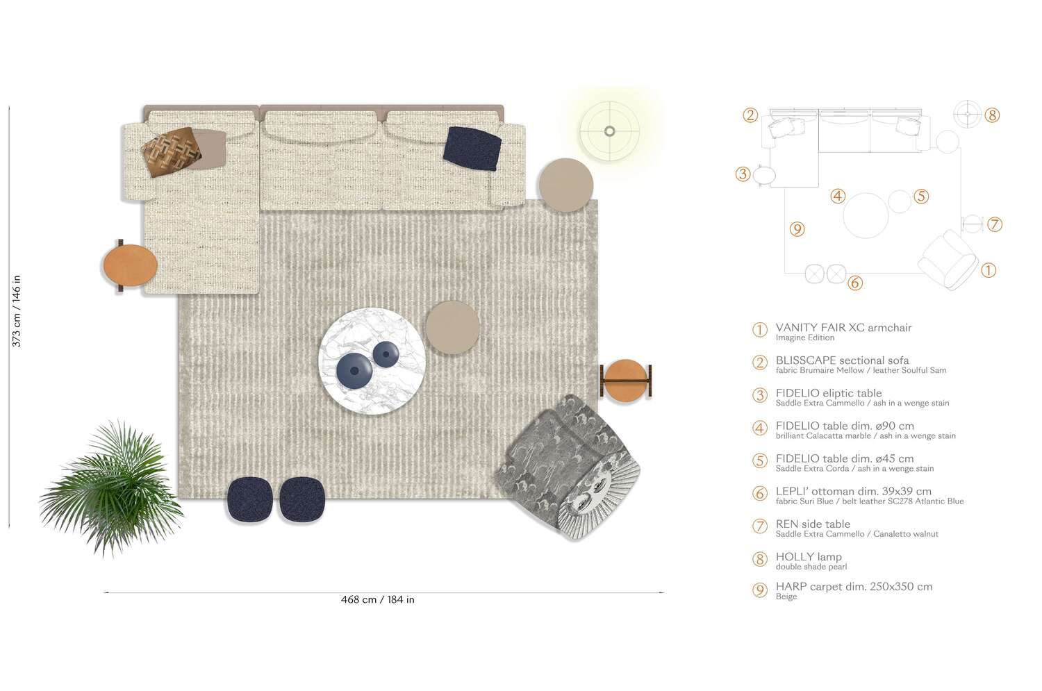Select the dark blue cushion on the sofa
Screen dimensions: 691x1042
pyautogui.click(x=472, y=148)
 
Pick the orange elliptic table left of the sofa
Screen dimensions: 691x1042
pyautogui.click(x=130, y=265)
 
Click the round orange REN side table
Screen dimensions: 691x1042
pyautogui.click(x=625, y=380)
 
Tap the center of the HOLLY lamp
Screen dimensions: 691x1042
pyautogui.click(x=609, y=131)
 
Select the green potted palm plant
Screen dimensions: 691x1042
pyautogui.click(x=111, y=485)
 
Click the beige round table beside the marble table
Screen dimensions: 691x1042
pyautogui.click(x=452, y=327)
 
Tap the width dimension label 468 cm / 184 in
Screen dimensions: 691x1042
pyautogui.click(x=377, y=599)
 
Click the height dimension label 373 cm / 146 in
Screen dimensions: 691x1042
pyautogui.click(x=17, y=311)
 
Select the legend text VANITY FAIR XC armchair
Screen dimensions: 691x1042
pyautogui.click(x=843, y=328)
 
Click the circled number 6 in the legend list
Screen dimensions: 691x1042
pyautogui.click(x=760, y=494)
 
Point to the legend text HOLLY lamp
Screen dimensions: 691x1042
pyautogui.click(x=809, y=557)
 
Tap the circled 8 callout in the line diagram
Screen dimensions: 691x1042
pyautogui.click(x=992, y=115)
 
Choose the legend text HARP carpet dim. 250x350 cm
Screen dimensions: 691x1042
pyautogui.click(x=854, y=587)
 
